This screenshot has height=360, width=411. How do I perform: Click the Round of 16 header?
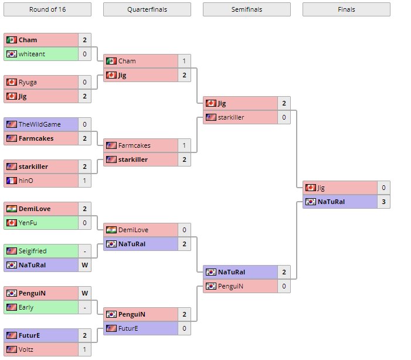click(47, 9)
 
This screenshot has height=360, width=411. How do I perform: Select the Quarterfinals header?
click(147, 9)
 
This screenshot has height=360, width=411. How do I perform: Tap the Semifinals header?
click(246, 9)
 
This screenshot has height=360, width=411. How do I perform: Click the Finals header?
click(346, 9)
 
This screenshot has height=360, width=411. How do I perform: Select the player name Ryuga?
click(28, 82)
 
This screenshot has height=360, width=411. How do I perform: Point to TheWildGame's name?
click(39, 124)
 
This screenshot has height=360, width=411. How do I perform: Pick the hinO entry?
click(26, 181)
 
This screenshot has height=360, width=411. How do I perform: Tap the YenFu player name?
click(28, 223)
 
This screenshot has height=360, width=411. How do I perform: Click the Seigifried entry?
click(32, 251)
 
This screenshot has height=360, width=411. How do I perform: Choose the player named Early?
click(26, 307)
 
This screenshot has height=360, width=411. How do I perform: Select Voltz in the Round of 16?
click(26, 349)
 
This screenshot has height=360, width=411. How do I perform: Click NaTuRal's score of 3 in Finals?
click(383, 202)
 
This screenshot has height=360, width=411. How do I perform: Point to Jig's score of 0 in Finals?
click(383, 188)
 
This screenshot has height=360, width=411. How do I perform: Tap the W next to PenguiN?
click(84, 293)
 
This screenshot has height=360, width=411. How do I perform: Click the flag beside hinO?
click(11, 181)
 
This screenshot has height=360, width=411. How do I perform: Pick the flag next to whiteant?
click(11, 54)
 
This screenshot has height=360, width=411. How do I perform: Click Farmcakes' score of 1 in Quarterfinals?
click(184, 145)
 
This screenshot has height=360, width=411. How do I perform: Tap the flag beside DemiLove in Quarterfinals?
click(111, 230)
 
